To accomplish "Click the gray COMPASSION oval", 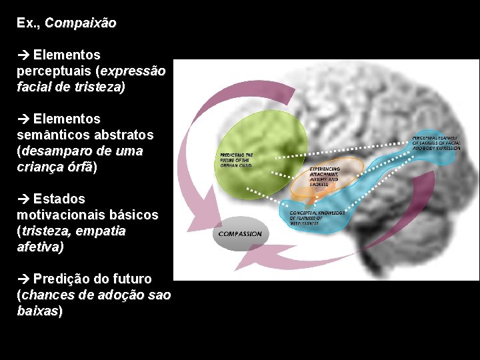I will pos(241,234).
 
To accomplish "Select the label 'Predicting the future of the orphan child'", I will pos(237,160).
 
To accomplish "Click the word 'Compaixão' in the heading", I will pos(81,23).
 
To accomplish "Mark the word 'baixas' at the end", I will pos(38,311).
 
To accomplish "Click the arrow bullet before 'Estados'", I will pos(23,199).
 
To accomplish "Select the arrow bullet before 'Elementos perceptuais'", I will pos(23,54).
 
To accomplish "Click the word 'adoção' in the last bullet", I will pos(126,295).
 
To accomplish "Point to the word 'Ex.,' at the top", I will pos(29,23).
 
